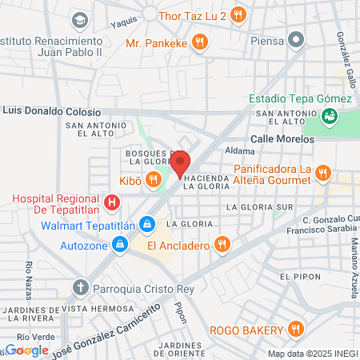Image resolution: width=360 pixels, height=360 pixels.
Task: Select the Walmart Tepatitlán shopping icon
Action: [x=146, y=224]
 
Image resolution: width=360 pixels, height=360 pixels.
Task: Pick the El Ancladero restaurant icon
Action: [x=223, y=243]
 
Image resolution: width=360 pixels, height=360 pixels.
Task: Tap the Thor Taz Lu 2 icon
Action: [x=237, y=14]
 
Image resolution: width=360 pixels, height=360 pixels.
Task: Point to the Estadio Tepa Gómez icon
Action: [x=329, y=116]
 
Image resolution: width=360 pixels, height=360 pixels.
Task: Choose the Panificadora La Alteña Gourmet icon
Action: [x=322, y=172]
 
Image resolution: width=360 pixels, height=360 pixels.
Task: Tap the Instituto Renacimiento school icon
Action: [x=79, y=19]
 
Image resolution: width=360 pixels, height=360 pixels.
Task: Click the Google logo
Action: [x=26, y=350]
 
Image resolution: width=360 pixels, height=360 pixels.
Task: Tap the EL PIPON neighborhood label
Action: [x=298, y=276]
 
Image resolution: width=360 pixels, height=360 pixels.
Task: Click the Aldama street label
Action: [x=239, y=150]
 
